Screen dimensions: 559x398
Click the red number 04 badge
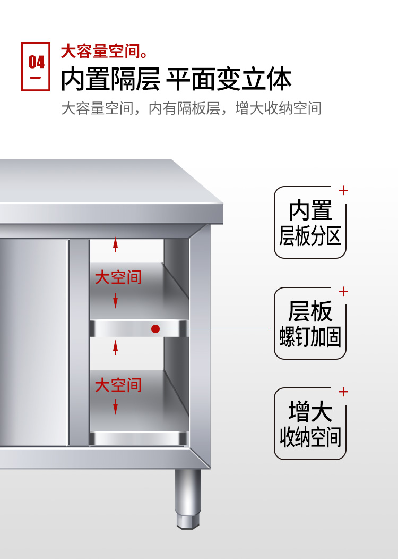pos(36,66)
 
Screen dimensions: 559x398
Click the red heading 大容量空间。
pos(104,52)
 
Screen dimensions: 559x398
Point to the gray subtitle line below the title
pos(191,108)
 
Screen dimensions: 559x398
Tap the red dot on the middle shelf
pos(155,329)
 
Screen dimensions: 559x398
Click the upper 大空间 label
pos(118,277)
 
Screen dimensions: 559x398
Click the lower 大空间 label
pos(118,385)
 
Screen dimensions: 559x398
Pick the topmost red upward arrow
pos(115,245)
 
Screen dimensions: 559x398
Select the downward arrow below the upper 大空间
pos(115,301)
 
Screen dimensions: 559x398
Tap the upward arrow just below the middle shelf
pos(115,348)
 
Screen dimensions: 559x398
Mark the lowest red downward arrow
pos(115,408)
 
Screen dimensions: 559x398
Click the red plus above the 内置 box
pos(343,190)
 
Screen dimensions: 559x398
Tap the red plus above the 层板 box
pos(343,291)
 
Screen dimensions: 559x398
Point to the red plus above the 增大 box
pos(343,392)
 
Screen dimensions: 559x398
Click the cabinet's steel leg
pos(188,499)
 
